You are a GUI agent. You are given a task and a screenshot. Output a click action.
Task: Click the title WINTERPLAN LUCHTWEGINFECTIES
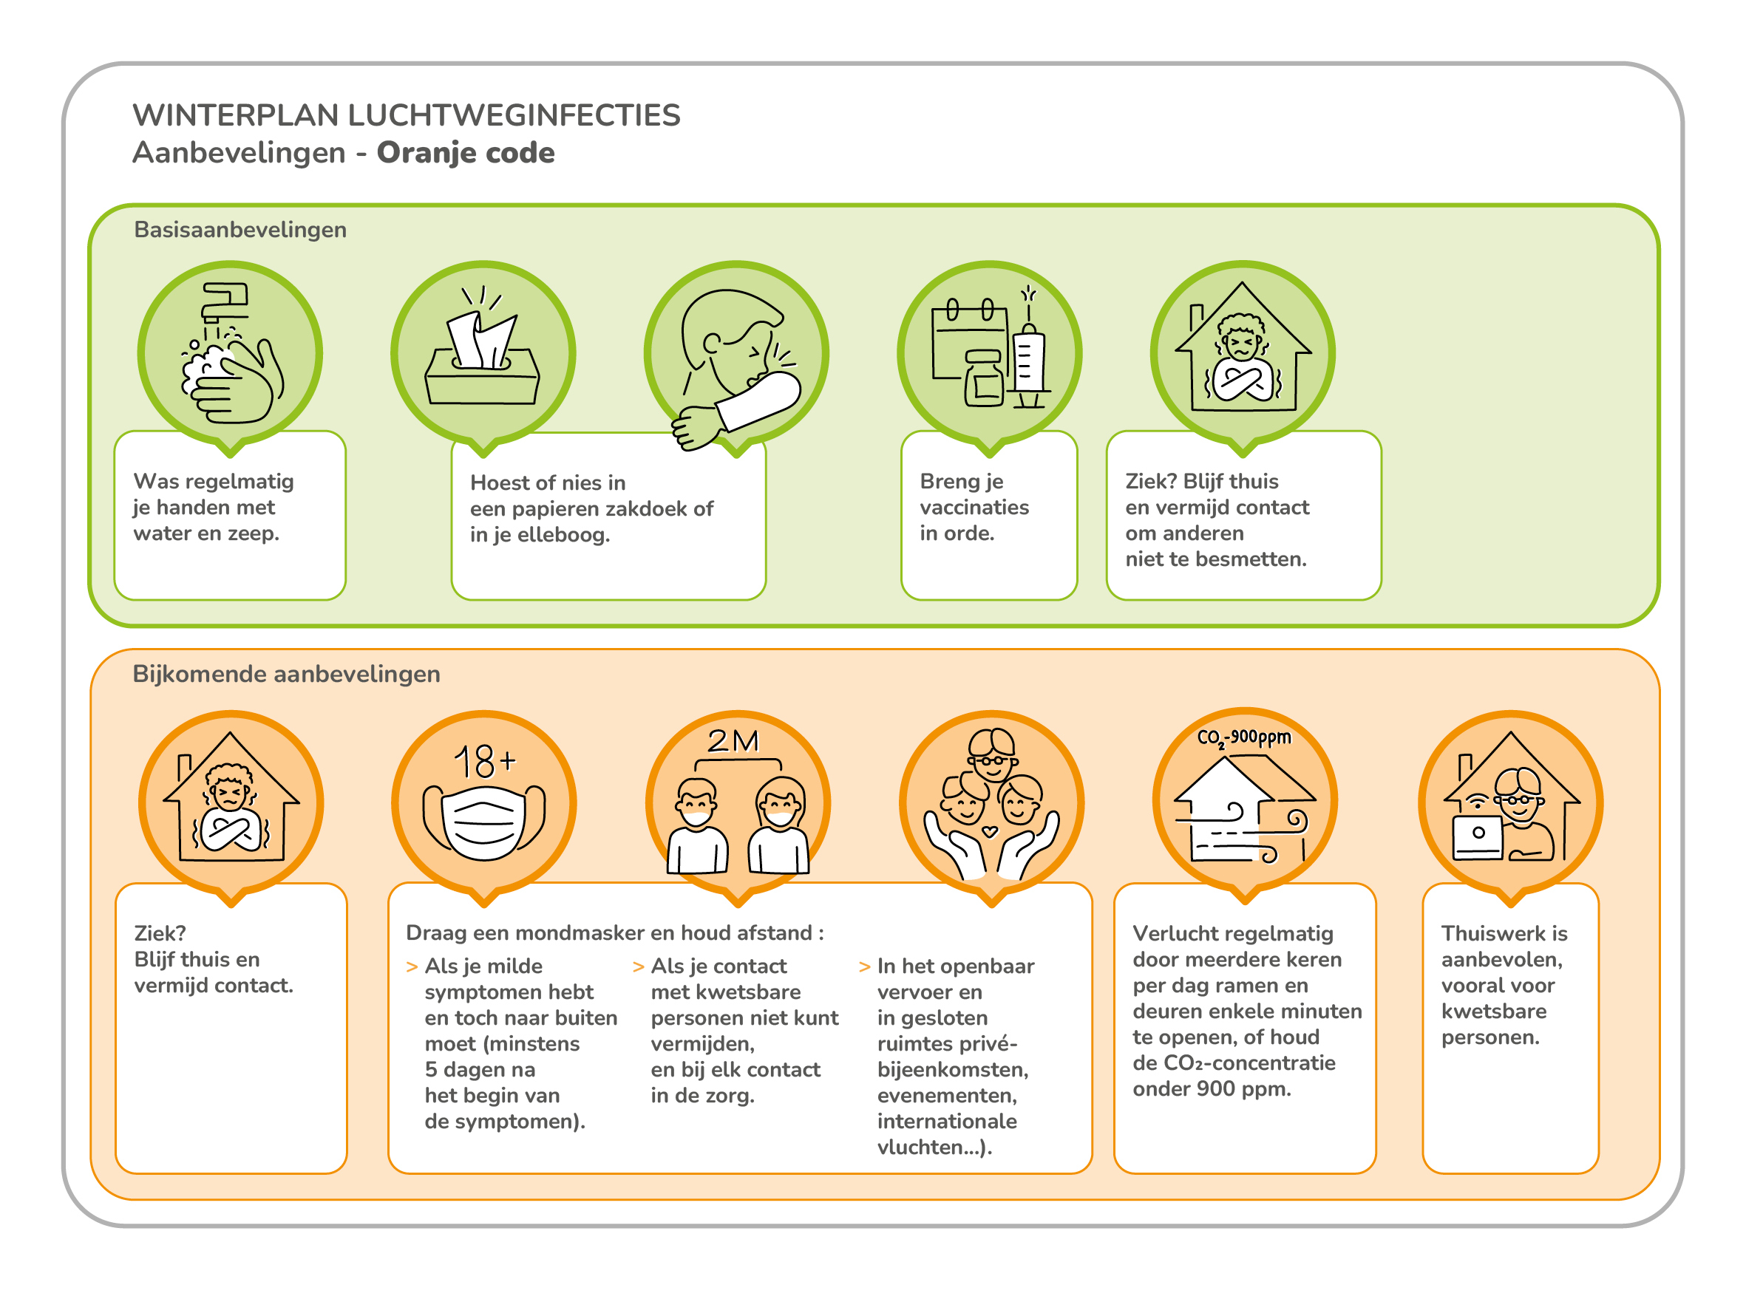(x=406, y=115)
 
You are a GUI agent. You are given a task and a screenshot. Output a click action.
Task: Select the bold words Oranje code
(x=466, y=153)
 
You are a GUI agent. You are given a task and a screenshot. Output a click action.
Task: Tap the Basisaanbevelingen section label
(x=240, y=230)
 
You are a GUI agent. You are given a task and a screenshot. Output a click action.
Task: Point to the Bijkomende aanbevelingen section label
(x=285, y=674)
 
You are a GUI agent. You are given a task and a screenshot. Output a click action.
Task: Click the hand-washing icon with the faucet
(x=230, y=353)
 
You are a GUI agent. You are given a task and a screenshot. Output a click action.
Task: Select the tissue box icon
(x=483, y=353)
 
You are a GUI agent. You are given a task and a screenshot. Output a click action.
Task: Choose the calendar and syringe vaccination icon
(x=990, y=353)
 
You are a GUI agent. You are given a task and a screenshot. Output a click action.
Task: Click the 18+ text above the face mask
(x=484, y=761)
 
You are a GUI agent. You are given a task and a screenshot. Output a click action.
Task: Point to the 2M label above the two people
(x=733, y=741)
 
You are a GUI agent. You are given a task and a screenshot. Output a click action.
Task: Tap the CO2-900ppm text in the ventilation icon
(x=1244, y=738)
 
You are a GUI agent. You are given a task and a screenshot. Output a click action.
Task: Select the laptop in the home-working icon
(x=1478, y=837)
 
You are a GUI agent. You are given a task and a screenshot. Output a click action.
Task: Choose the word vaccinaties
(x=974, y=508)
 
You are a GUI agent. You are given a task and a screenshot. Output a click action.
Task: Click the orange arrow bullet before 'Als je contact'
(x=638, y=967)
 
